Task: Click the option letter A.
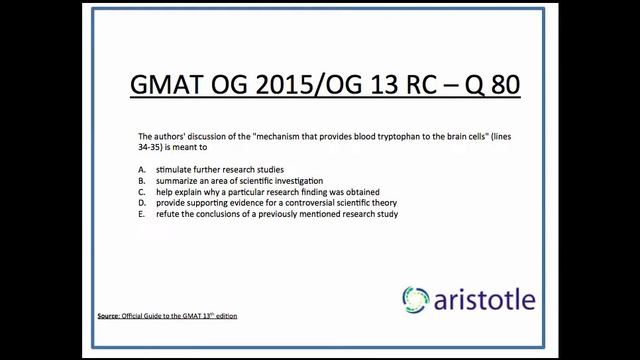pyautogui.click(x=142, y=169)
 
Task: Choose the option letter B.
pyautogui.click(x=142, y=180)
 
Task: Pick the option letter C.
pyautogui.click(x=142, y=191)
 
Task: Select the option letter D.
pyautogui.click(x=142, y=202)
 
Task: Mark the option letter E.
pyautogui.click(x=142, y=213)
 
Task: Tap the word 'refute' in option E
pyautogui.click(x=168, y=213)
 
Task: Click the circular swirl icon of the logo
pyautogui.click(x=417, y=299)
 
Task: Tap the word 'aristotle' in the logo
pyautogui.click(x=485, y=299)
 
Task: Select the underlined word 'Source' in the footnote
pyautogui.click(x=108, y=316)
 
